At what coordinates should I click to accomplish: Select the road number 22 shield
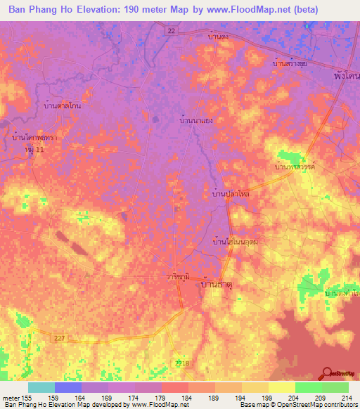point(171,30)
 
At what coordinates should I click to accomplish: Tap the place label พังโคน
point(345,73)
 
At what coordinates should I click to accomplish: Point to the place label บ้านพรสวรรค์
point(296,169)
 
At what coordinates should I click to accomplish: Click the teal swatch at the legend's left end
point(41,387)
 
